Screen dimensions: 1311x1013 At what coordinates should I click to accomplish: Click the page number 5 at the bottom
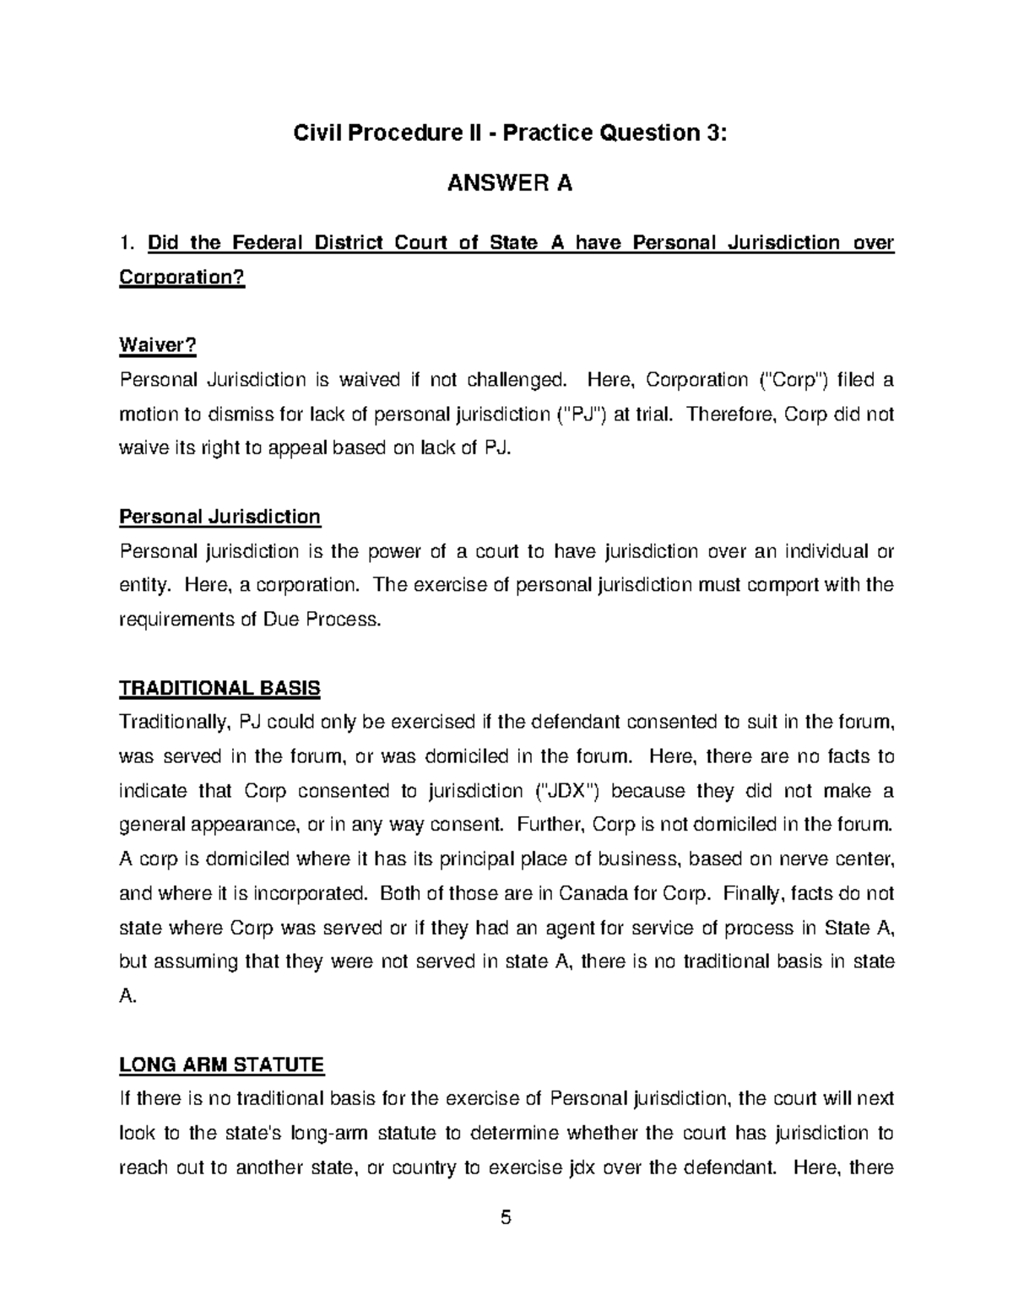[506, 1217]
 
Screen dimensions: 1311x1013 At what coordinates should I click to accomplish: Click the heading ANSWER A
[509, 183]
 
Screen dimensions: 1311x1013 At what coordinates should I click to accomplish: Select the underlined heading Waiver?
[157, 345]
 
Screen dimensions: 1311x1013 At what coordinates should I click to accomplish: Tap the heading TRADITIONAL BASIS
[219, 688]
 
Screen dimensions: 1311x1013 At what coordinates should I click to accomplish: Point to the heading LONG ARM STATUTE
[221, 1065]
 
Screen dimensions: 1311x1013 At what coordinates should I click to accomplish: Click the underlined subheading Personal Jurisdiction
[219, 517]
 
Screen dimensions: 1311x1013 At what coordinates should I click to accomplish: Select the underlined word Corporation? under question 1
[181, 278]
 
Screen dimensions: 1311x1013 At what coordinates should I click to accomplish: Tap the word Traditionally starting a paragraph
[175, 723]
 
